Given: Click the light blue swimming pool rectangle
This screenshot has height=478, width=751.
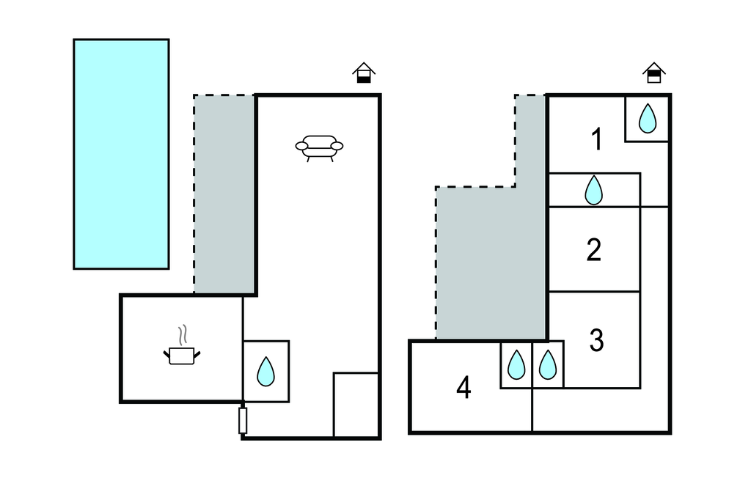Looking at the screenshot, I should coord(121,154).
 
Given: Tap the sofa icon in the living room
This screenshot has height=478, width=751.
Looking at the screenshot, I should coord(320,147).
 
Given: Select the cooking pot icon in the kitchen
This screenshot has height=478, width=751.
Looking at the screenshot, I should coord(181,356).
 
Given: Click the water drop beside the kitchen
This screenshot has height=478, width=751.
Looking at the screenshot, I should coord(265,371).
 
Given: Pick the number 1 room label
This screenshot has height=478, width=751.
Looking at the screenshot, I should coord(597,139).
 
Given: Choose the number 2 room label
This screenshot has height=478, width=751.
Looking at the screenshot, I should coord(594,250).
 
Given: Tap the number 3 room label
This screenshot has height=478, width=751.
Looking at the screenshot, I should coord(596,340).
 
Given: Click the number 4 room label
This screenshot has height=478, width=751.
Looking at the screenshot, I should coord(463,388).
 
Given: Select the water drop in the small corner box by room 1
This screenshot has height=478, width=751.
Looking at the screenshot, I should coord(647,118).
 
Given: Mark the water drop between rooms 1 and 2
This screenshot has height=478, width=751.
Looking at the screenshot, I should coord(593,191).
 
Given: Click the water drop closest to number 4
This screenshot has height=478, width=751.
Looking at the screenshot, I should coord(516,364).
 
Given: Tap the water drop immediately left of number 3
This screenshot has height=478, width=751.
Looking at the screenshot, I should coord(548,364).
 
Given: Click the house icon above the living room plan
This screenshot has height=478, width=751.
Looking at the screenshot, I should coord(363,73).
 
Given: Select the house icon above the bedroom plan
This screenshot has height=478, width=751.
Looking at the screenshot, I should coord(654,73).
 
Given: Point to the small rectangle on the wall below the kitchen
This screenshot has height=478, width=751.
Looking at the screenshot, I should coord(243,421).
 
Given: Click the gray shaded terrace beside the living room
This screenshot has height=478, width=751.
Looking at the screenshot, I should coord(224,194).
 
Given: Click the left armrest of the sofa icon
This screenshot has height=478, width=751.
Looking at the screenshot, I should coord(301,146).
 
